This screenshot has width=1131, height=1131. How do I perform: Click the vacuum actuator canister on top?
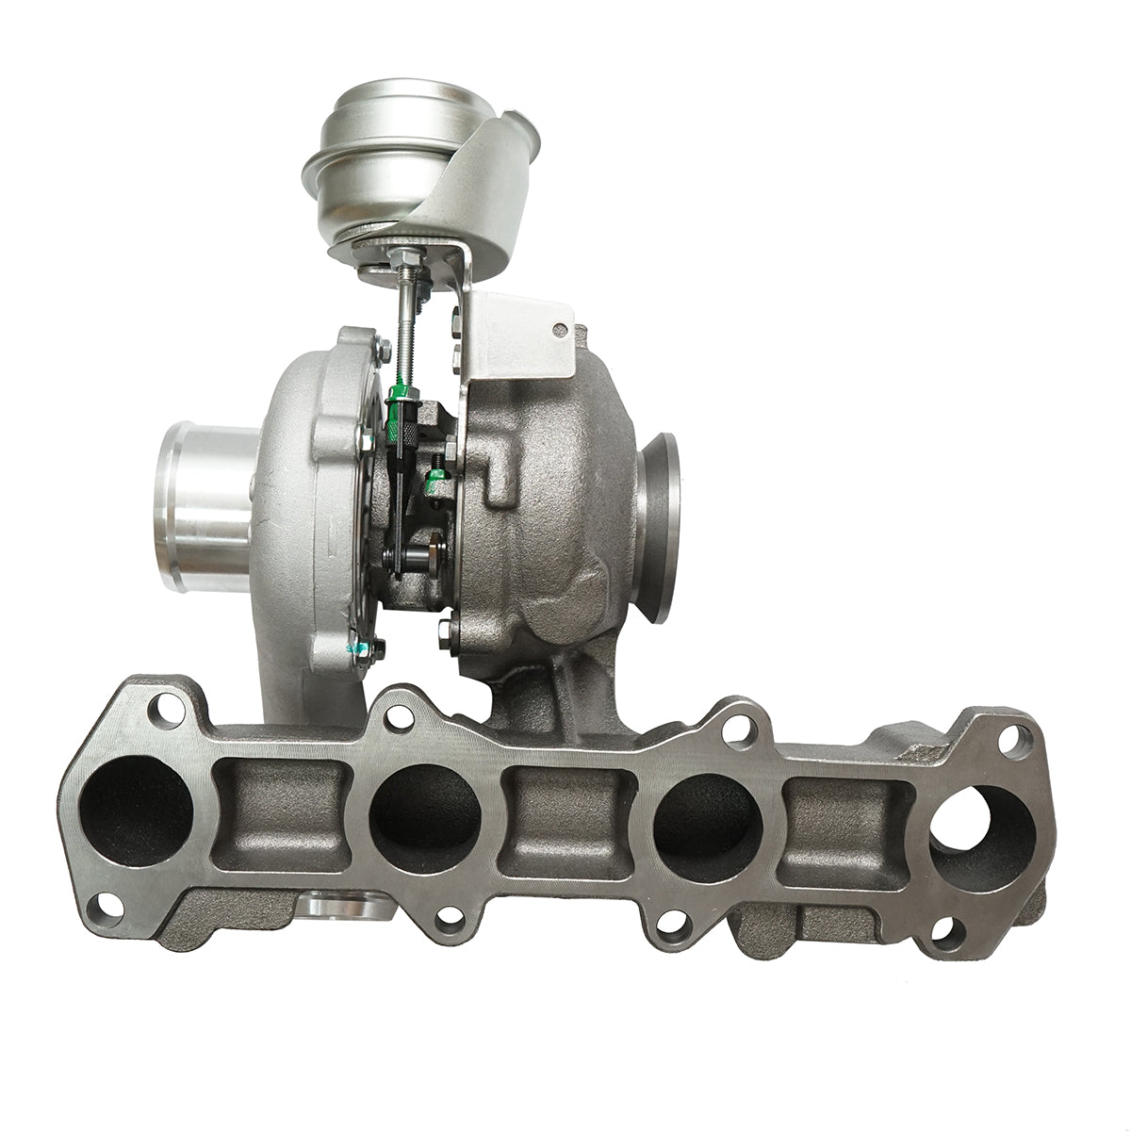(x=377, y=170)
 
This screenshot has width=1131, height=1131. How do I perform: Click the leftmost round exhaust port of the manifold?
(x=137, y=811)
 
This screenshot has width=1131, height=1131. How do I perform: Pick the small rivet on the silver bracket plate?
(x=562, y=331)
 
